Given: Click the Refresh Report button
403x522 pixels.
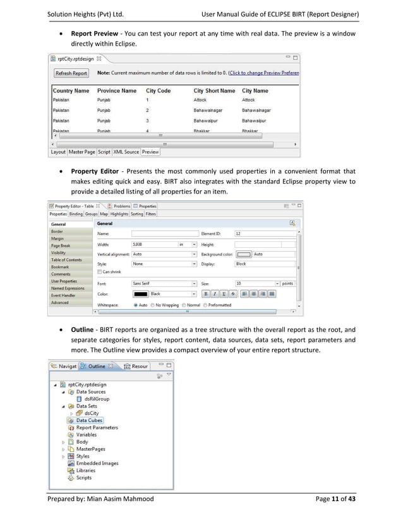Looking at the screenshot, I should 71,73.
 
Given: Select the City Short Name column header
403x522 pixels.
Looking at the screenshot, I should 214,91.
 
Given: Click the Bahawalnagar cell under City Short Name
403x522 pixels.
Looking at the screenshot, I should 210,109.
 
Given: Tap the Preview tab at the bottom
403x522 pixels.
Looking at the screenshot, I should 150,152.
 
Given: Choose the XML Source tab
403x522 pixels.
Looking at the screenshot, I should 126,152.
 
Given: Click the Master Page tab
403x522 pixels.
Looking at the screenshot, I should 81,152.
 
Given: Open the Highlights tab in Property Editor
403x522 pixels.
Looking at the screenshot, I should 119,214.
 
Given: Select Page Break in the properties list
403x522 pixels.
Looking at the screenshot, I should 61,246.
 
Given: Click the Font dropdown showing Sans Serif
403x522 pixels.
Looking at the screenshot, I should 164,284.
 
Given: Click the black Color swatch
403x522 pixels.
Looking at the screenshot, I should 140,294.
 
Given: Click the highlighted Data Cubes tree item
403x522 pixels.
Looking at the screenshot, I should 89,420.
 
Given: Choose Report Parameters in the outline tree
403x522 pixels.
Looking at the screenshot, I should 97,428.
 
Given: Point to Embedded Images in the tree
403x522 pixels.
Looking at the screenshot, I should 97,463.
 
